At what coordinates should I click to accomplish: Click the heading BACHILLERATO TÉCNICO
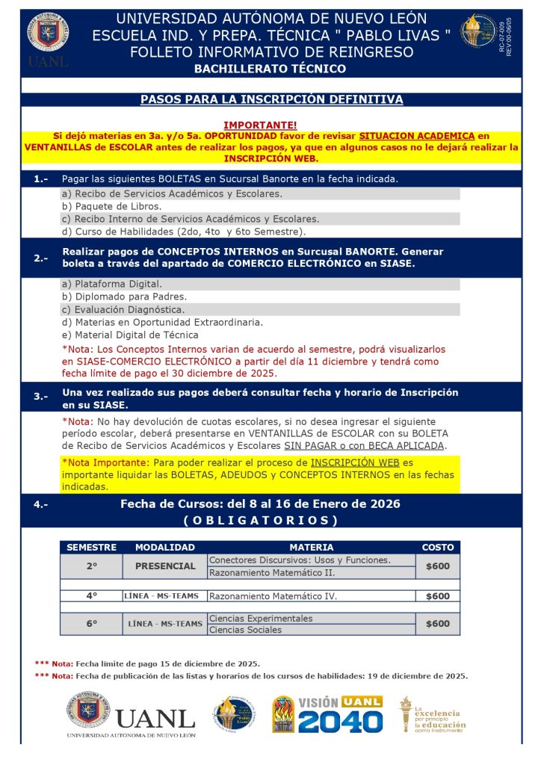click(x=270, y=69)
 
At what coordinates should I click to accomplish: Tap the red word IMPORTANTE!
click(x=260, y=125)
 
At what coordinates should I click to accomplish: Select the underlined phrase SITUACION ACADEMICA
click(x=416, y=136)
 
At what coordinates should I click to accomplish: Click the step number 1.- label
click(x=40, y=179)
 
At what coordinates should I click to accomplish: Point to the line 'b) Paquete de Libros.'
click(x=111, y=206)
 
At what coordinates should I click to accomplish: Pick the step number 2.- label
click(x=40, y=258)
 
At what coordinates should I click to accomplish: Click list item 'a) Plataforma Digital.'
click(x=112, y=284)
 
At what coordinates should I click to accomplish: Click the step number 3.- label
click(x=40, y=397)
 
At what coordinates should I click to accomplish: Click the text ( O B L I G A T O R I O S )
click(x=260, y=520)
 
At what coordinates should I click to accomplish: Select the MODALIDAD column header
click(x=164, y=548)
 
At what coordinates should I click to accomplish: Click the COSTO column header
click(x=438, y=548)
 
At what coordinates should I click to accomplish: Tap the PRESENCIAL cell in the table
click(x=164, y=566)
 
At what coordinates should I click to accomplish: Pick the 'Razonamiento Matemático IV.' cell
click(x=273, y=596)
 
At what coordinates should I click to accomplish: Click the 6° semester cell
click(x=91, y=624)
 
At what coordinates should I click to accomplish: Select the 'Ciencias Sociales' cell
click(x=246, y=630)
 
